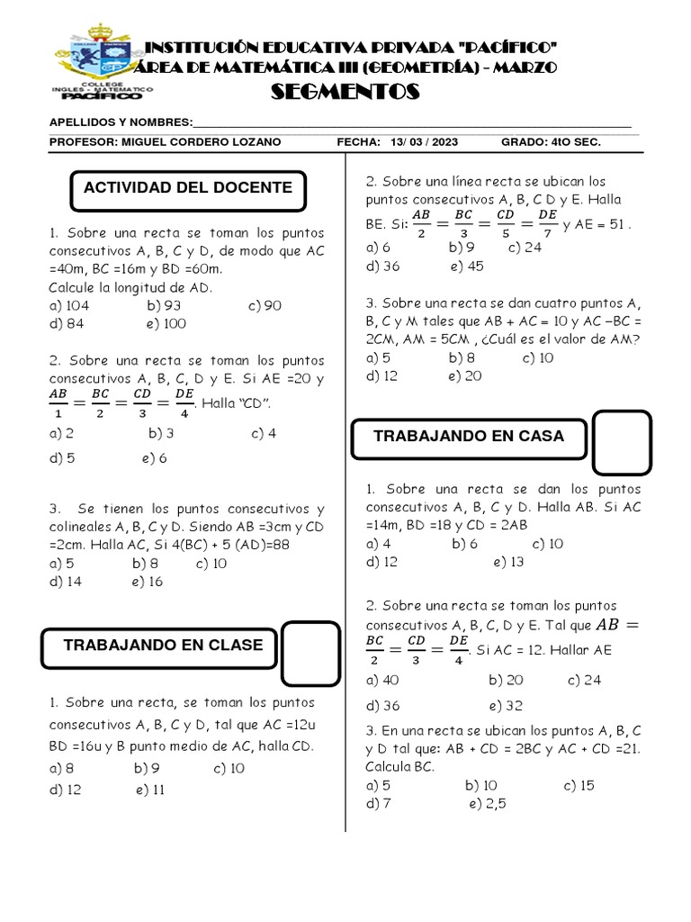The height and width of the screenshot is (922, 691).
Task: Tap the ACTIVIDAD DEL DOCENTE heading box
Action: pyautogui.click(x=187, y=187)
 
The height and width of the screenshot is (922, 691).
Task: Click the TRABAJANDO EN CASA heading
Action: pyautogui.click(x=468, y=436)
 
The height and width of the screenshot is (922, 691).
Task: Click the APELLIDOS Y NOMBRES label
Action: pyautogui.click(x=121, y=122)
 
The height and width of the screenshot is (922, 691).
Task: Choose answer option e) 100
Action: pyautogui.click(x=163, y=324)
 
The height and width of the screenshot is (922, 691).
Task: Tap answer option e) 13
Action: pyautogui.click(x=508, y=562)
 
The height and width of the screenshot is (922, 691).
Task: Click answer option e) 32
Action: pyautogui.click(x=506, y=705)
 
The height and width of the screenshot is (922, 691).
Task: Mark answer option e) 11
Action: pyautogui.click(x=150, y=791)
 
